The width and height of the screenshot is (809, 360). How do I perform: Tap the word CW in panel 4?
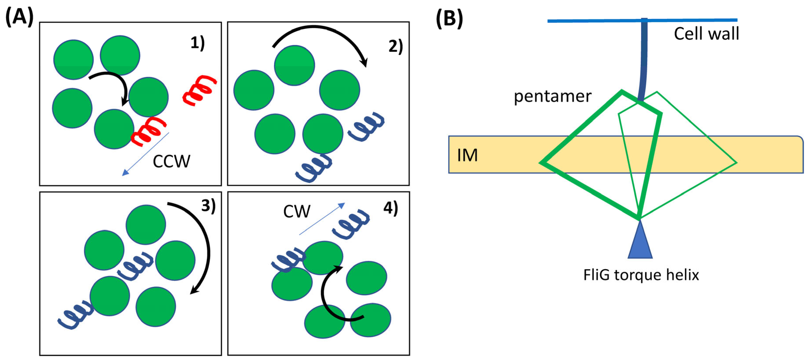297,212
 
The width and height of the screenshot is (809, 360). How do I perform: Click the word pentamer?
552,96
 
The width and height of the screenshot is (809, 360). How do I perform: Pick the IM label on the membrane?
467,155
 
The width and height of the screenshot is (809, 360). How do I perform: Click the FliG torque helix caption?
641,275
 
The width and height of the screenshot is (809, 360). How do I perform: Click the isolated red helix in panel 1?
200,90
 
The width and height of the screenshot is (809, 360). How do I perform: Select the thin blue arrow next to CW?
322,219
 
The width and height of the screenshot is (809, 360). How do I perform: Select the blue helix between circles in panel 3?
135,266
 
